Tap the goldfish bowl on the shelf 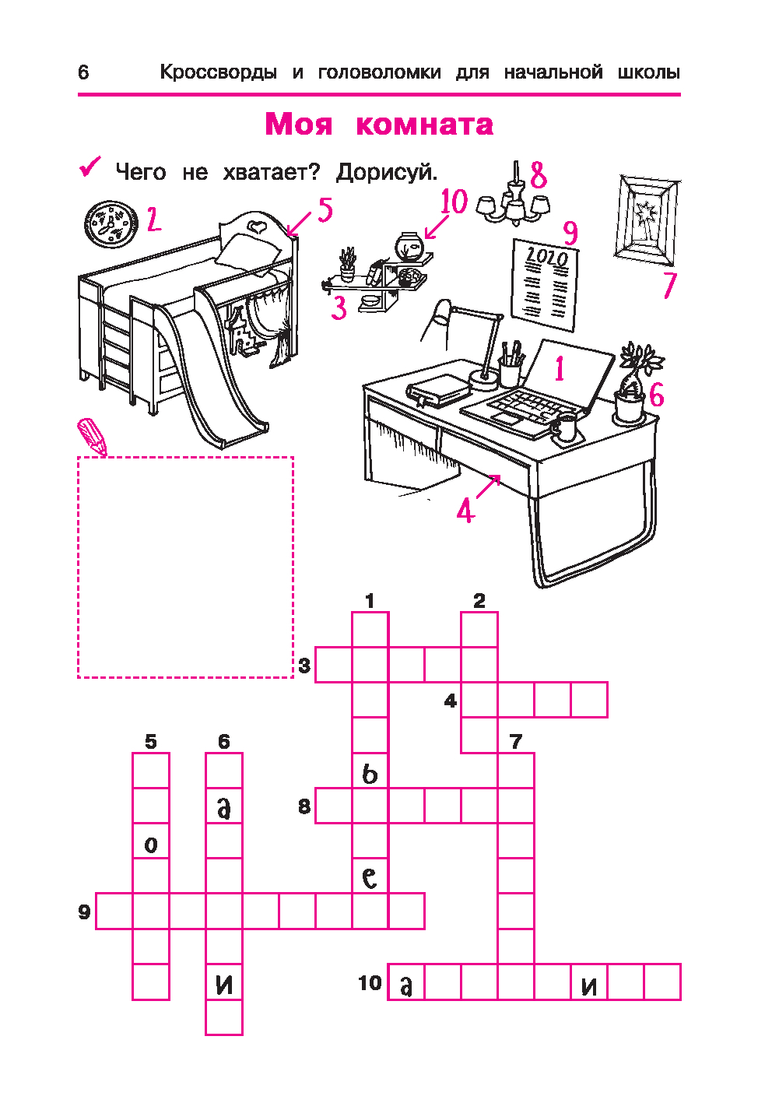pos(409,246)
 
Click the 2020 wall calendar pos(545,285)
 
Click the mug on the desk pos(566,427)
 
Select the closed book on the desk pos(437,391)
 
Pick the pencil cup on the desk pos(511,366)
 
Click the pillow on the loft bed pos(250,251)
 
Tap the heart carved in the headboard pos(255,226)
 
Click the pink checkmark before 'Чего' pos(90,167)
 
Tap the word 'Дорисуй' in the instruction pos(386,172)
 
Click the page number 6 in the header pos(83,72)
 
